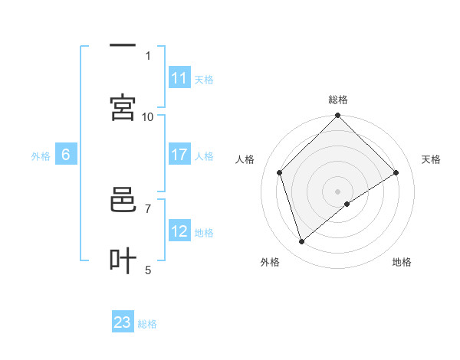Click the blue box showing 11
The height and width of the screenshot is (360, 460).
179,78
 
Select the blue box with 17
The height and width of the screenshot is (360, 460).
179,155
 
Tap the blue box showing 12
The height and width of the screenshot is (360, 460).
179,231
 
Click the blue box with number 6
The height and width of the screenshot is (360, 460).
66,155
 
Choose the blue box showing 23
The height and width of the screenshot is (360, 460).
123,322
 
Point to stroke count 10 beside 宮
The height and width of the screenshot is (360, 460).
148,116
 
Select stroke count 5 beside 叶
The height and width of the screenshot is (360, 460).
148,270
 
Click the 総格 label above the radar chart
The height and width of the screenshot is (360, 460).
338,100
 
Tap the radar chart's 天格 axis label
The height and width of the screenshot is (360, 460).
431,159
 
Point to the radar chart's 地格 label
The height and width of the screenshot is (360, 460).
402,262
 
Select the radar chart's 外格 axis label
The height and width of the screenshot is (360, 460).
270,262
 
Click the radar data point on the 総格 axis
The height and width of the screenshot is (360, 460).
337,116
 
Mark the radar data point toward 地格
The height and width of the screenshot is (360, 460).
347,204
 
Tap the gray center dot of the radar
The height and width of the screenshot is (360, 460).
337,191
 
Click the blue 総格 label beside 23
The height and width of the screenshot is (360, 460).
147,324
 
